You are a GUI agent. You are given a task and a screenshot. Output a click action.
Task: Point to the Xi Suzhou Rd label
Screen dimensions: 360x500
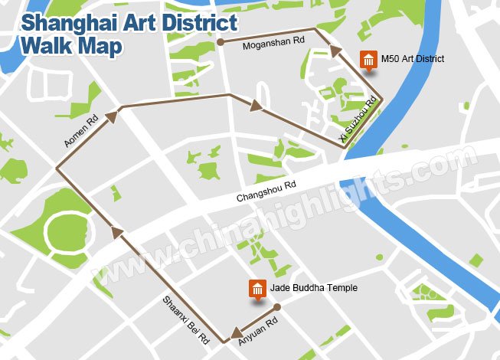358,120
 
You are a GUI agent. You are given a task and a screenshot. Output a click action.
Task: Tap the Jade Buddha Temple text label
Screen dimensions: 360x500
314,287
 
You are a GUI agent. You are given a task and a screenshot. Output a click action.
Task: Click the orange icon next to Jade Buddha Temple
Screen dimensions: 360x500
257,290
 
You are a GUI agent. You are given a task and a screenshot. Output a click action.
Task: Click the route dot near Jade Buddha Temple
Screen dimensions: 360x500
277,308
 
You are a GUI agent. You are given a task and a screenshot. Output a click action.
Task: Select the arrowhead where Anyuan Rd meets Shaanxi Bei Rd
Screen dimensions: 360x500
228,337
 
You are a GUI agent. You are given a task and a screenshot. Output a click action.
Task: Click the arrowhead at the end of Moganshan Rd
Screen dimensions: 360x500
335,51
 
